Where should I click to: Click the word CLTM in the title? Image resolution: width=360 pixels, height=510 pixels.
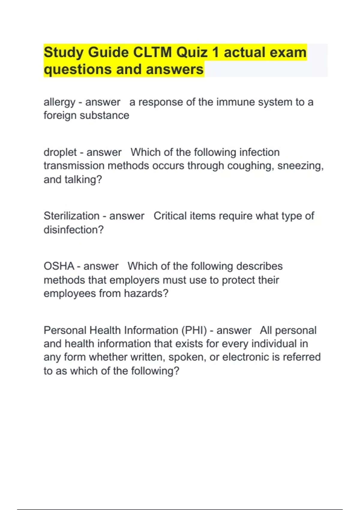pyautogui.click(x=152, y=52)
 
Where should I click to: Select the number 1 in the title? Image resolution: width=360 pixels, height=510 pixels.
pyautogui.click(x=215, y=52)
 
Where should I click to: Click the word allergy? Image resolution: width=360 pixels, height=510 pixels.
pyautogui.click(x=59, y=102)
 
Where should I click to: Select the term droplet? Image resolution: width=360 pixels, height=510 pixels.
pyautogui.click(x=60, y=152)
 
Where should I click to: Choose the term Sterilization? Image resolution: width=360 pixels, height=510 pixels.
pyautogui.click(x=71, y=216)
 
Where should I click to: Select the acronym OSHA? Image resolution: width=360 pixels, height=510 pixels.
pyautogui.click(x=59, y=266)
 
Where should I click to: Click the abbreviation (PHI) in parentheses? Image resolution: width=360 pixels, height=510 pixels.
pyautogui.click(x=194, y=331)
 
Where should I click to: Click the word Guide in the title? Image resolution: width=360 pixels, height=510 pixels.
pyautogui.click(x=108, y=52)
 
